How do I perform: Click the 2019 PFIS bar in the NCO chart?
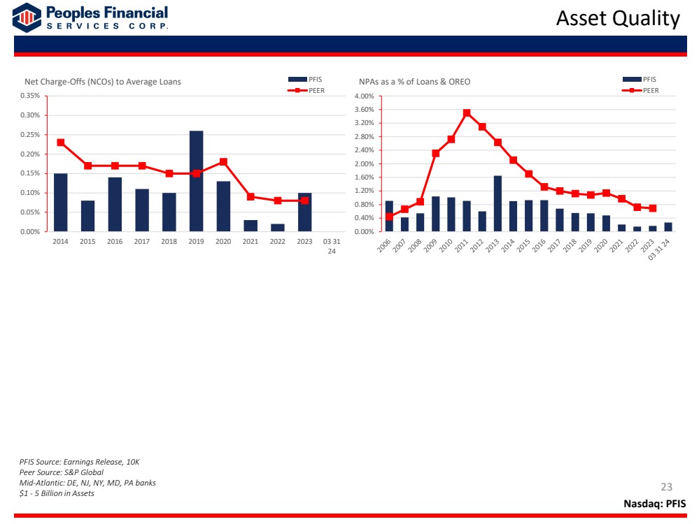(196, 181)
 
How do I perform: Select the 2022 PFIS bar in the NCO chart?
(277, 228)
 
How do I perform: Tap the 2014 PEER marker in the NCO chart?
(61, 143)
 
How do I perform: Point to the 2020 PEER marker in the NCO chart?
(223, 162)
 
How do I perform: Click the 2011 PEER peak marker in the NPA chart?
(467, 113)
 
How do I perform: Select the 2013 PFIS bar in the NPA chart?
(497, 203)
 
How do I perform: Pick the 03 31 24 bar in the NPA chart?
(668, 227)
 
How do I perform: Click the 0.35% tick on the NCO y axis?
(30, 96)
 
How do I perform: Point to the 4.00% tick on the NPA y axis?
(365, 96)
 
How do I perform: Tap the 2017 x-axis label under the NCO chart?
(142, 241)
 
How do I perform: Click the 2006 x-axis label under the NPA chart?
(384, 245)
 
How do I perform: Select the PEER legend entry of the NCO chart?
(306, 90)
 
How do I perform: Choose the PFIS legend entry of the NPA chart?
(640, 79)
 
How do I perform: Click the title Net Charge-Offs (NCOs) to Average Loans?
(103, 82)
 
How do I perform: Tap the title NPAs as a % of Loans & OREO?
(415, 82)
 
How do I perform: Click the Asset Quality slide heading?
(618, 19)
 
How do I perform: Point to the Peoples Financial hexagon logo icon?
(27, 17)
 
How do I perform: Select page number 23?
(666, 486)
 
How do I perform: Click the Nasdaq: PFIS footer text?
(654, 504)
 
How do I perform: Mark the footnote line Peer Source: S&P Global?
(61, 472)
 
